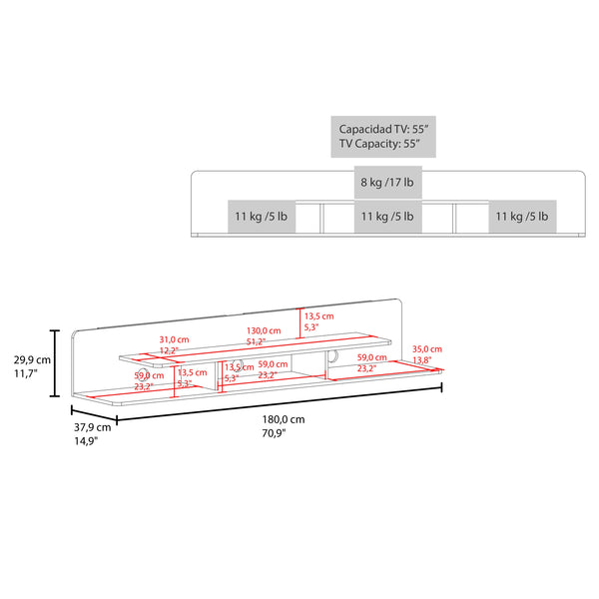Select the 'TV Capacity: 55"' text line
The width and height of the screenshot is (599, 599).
coord(379,145)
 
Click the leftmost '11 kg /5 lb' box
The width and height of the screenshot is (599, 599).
coord(262,216)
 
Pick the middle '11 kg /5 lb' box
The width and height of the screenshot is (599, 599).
coord(389,216)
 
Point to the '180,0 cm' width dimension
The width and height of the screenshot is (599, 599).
coord(284,420)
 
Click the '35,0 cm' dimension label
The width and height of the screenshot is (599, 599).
coord(426,349)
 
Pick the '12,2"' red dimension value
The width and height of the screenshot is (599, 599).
coord(170,350)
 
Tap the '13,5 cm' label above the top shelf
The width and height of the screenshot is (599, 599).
coord(319,315)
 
